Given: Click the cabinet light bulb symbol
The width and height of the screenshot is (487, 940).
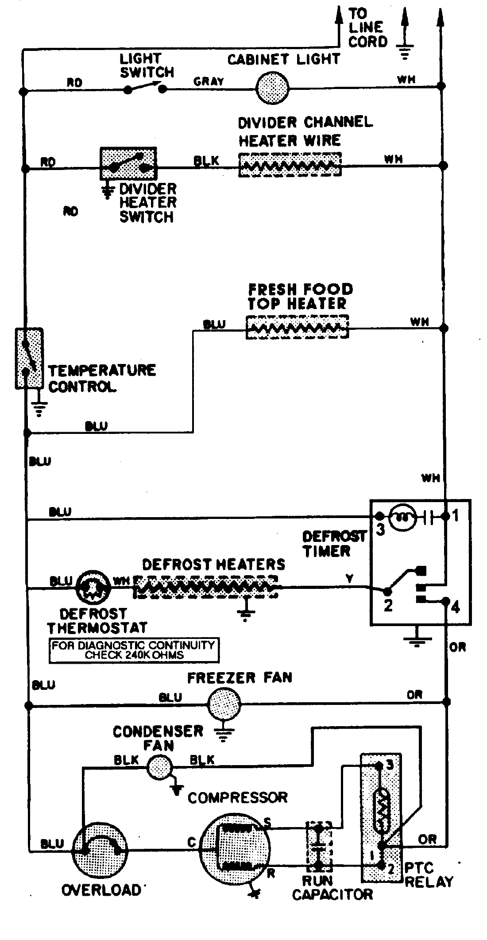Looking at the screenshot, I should coord(273,88).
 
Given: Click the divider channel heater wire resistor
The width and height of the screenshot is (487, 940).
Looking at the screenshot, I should coord(290,165).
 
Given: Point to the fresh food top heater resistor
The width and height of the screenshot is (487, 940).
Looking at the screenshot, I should coord(297,328).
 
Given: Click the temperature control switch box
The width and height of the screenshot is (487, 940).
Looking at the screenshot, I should coord(29,358).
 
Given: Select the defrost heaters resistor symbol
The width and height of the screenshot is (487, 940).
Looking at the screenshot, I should coord(206,587).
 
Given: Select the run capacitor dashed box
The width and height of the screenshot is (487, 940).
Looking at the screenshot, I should coord(319,843).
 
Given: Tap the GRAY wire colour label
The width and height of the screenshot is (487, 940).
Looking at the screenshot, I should coord(209,81).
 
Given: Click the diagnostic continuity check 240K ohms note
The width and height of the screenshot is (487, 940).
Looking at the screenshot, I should coord(134,650).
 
